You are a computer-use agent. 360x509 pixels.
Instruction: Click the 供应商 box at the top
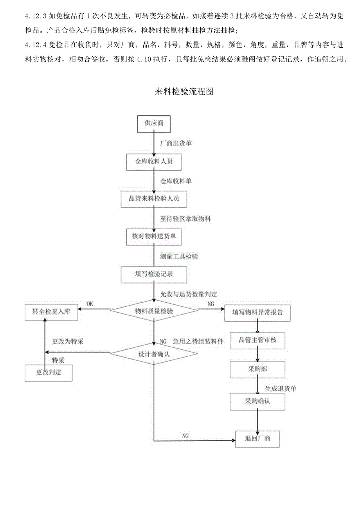(154, 123)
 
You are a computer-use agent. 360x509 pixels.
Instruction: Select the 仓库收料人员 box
(154, 162)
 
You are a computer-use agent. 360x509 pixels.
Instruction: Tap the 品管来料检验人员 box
(154, 199)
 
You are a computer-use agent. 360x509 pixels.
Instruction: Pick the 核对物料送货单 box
(154, 237)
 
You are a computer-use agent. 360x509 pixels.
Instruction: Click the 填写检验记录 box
(154, 274)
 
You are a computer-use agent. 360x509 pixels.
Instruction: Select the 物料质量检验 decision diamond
(154, 311)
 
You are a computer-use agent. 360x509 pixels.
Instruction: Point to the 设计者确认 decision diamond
(154, 354)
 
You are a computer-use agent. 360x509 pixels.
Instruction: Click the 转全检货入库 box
(51, 312)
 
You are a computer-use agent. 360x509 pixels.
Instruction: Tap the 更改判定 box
(49, 372)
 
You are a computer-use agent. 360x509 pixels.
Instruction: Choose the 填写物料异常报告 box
(257, 313)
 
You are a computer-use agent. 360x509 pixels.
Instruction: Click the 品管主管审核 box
(257, 340)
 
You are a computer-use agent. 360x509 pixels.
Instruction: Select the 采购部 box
(257, 369)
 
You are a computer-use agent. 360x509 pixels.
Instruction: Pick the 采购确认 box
(257, 401)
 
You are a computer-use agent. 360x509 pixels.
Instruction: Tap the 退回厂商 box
(257, 439)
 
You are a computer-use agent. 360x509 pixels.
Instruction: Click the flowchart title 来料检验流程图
(184, 92)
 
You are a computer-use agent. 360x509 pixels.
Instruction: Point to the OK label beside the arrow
(90, 304)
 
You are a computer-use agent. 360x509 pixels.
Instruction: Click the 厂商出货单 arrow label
(176, 144)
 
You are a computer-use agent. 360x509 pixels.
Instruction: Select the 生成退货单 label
(281, 388)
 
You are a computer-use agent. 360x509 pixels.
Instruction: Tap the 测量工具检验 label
(179, 257)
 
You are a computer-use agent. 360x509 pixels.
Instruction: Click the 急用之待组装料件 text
(198, 342)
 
